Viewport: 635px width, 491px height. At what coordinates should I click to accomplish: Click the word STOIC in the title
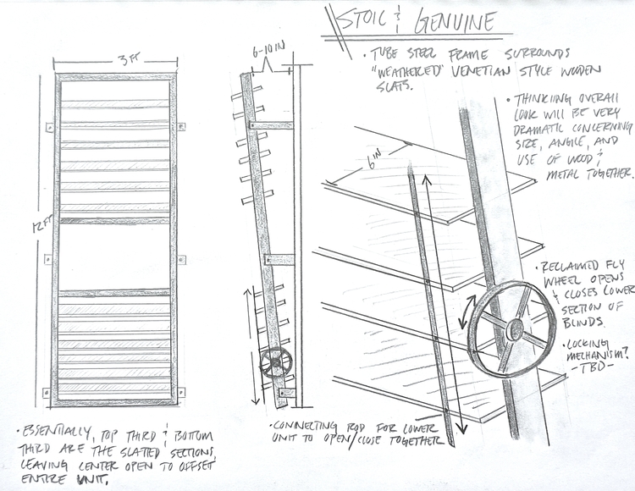tap(362, 19)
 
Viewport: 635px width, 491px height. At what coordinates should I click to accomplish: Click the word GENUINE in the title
tap(455, 21)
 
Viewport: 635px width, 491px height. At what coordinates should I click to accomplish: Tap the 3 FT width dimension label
tap(128, 60)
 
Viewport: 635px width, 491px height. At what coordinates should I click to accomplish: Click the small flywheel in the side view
tap(275, 362)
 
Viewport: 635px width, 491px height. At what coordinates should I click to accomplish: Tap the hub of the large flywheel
tap(515, 329)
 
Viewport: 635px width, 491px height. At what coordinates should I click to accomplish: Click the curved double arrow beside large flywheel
tap(466, 312)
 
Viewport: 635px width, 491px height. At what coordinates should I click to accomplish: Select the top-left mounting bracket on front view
tap(49, 128)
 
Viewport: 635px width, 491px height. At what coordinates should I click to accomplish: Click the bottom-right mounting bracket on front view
tap(181, 392)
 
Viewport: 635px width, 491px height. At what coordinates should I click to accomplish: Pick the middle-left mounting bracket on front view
tap(48, 259)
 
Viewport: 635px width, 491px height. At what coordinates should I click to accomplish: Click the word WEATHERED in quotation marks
tap(409, 74)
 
